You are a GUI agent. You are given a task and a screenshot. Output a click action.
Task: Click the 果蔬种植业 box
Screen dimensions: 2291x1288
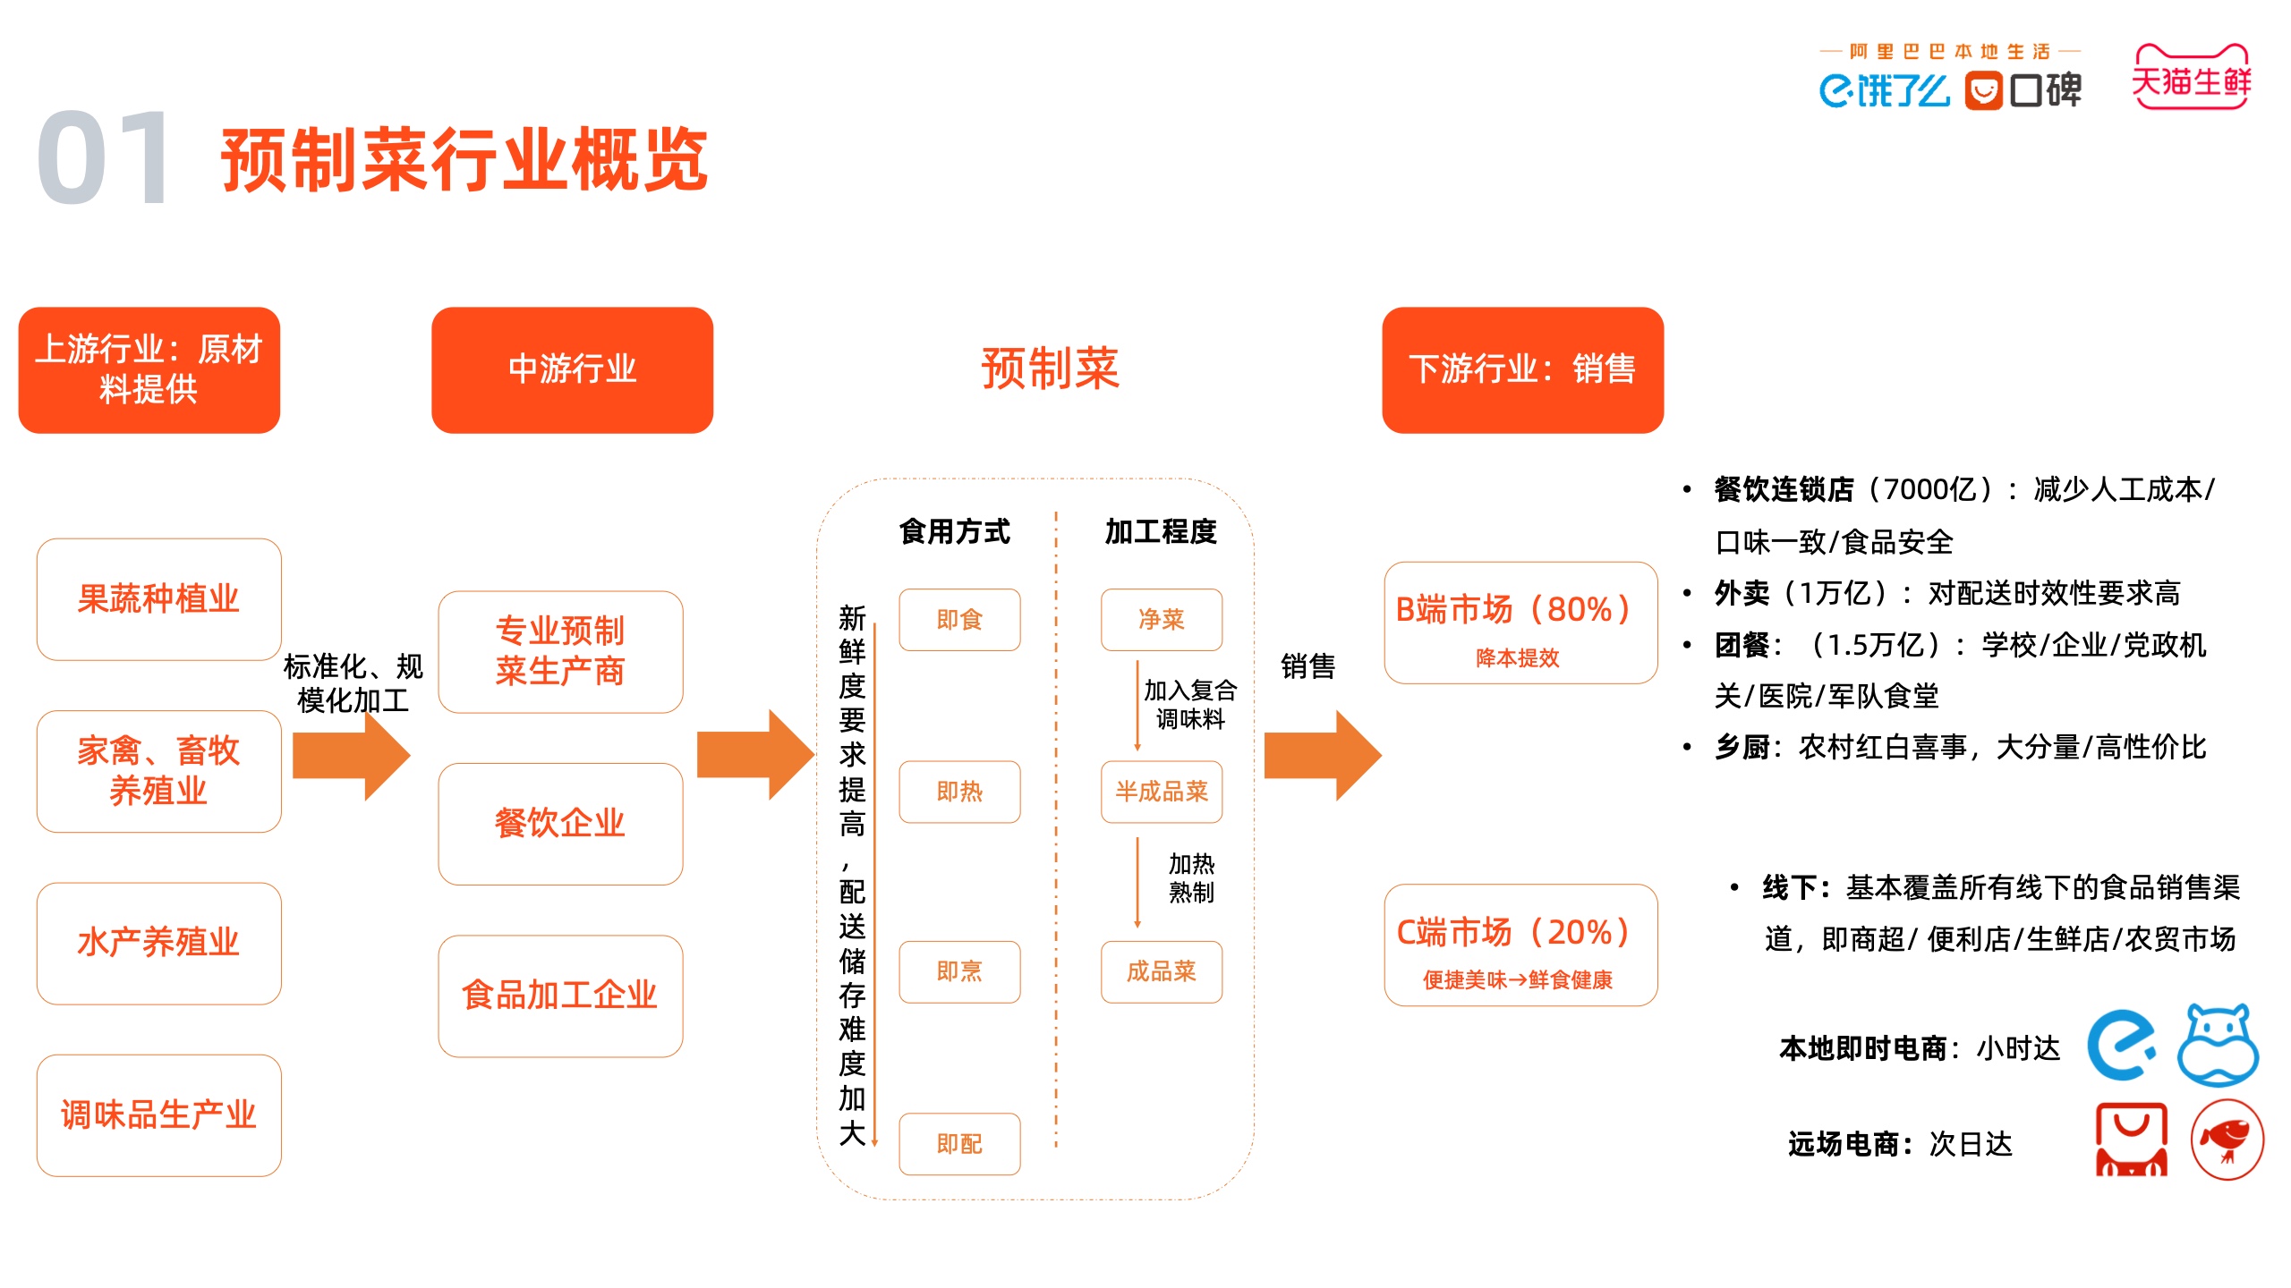point(158,599)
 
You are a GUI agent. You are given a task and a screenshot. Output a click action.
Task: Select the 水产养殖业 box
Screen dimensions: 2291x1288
point(158,943)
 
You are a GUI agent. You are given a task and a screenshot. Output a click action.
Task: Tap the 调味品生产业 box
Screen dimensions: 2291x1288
point(158,1115)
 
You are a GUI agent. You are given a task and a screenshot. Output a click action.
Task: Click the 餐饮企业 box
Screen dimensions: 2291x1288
point(560,824)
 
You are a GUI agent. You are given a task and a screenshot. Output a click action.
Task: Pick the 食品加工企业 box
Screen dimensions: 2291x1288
point(560,996)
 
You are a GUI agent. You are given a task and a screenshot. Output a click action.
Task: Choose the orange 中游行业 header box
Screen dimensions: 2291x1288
point(572,370)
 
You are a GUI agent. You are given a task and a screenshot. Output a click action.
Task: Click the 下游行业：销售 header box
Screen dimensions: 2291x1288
point(1522,370)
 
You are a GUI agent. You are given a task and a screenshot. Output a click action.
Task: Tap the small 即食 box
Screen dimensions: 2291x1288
point(959,619)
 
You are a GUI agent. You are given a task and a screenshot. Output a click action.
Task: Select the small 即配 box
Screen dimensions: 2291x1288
point(959,1143)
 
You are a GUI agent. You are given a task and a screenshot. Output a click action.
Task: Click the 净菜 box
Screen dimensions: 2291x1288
point(1162,619)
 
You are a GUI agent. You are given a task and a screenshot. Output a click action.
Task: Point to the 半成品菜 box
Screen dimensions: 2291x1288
point(1162,792)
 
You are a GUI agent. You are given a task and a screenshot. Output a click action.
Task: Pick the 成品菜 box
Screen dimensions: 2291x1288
point(1162,971)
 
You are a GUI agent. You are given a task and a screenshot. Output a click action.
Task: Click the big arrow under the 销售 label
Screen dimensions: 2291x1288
point(1323,755)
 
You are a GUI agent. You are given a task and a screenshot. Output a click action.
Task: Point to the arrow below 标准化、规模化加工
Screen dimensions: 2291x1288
point(351,755)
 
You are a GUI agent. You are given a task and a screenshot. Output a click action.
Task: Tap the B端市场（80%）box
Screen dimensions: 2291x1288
point(1520,623)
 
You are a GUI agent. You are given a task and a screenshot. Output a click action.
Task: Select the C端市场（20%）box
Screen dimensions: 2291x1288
point(1520,945)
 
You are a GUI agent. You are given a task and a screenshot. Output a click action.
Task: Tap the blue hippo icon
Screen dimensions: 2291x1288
point(2218,1044)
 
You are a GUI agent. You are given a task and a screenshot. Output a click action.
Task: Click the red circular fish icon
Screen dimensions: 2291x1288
point(2227,1139)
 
